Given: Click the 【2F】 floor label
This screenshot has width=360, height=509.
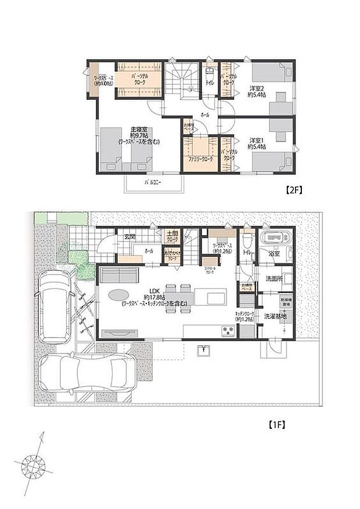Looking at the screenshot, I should click(294, 190).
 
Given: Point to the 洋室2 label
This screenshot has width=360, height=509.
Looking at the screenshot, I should click(258, 89).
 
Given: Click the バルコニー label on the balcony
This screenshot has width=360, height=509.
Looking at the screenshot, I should click(152, 182).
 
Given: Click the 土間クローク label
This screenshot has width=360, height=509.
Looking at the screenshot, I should click(172, 236).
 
